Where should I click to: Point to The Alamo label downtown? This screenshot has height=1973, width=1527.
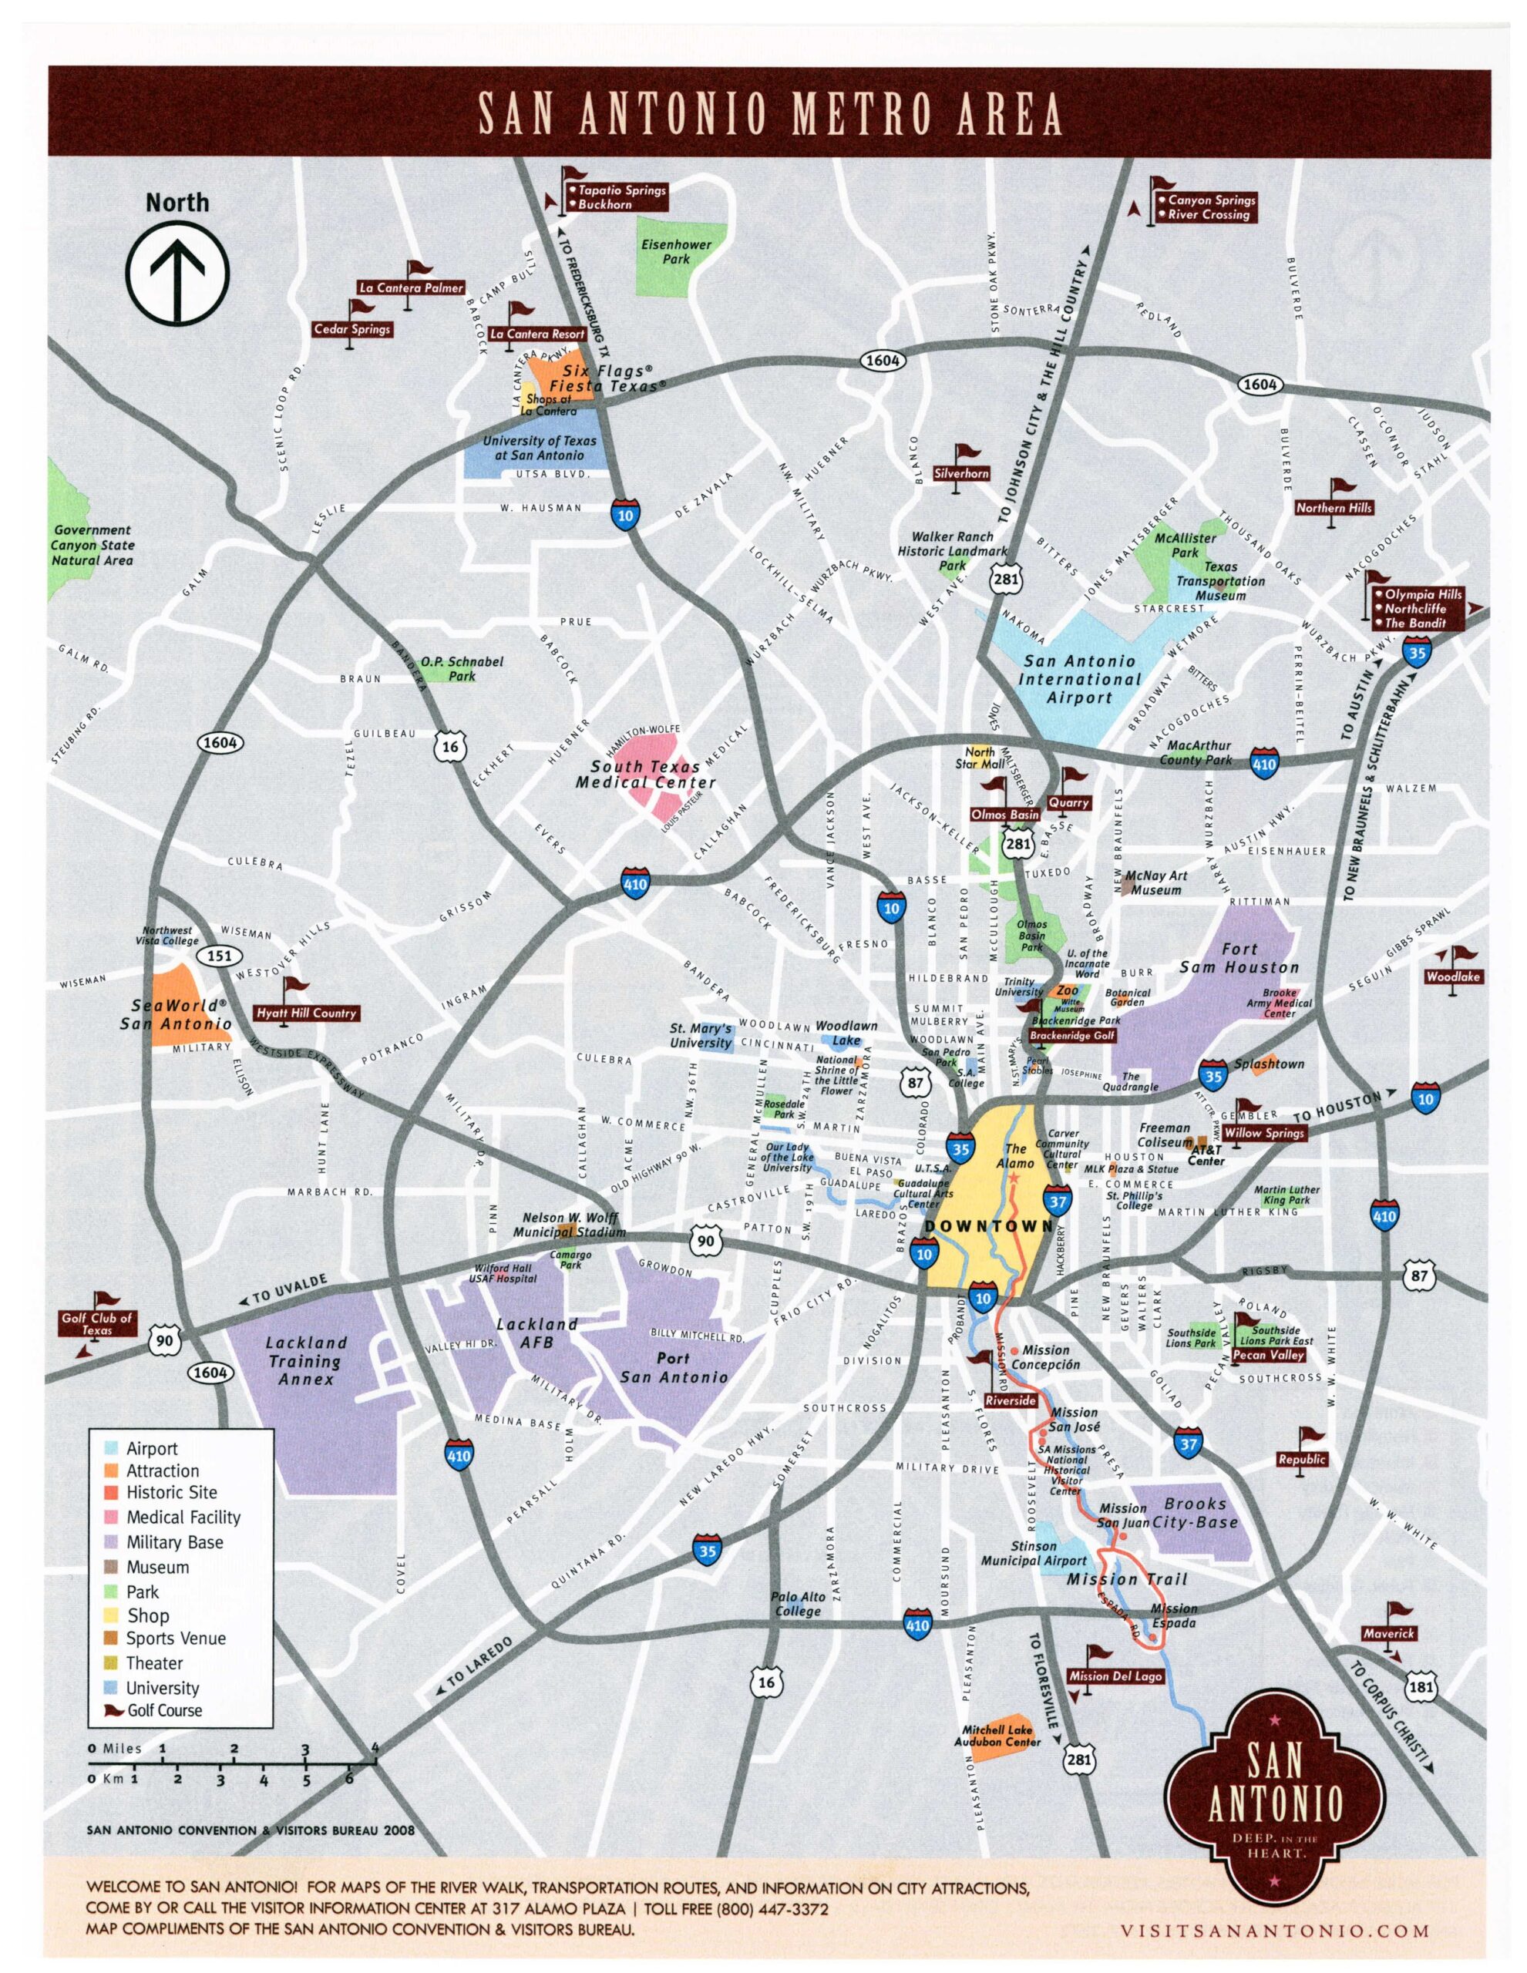1016,1155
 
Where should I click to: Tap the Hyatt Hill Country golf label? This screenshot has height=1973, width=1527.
306,1013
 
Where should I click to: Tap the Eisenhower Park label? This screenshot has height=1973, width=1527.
676,251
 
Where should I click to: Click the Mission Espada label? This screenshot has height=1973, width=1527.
1174,1615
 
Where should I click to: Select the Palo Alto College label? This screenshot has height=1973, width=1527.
797,1605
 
